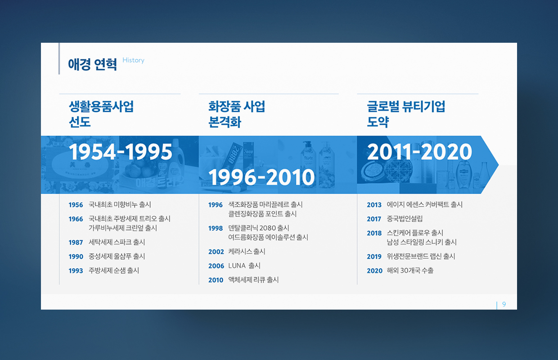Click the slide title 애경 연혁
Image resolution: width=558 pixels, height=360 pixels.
pyautogui.click(x=92, y=64)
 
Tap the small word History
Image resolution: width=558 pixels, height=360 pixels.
pyautogui.click(x=133, y=60)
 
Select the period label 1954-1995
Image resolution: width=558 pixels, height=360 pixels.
pyautogui.click(x=120, y=152)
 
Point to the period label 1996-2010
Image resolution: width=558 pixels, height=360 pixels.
pyautogui.click(x=261, y=177)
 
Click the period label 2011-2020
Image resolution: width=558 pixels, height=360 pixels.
pyautogui.click(x=419, y=152)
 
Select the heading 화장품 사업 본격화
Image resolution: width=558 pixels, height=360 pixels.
pyautogui.click(x=237, y=114)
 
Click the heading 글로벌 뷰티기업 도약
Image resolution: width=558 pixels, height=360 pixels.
pyautogui.click(x=406, y=114)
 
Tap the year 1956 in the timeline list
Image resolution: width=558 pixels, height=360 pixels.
pyautogui.click(x=76, y=205)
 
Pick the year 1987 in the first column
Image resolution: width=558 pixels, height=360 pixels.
pyautogui.click(x=76, y=242)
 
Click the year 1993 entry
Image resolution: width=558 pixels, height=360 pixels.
pyautogui.click(x=76, y=270)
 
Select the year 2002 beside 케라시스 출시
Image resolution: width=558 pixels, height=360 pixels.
pyautogui.click(x=216, y=252)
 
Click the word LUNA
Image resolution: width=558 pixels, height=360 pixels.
pyautogui.click(x=237, y=265)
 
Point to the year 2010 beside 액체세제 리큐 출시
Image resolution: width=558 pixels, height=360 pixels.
pyautogui.click(x=216, y=280)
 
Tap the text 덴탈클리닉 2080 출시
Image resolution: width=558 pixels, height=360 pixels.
pyautogui.click(x=259, y=228)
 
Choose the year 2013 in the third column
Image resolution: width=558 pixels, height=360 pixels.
pyautogui.click(x=374, y=205)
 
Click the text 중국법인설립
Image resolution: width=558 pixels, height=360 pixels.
pyautogui.click(x=405, y=219)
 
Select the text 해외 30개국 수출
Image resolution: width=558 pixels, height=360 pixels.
pyautogui.click(x=410, y=270)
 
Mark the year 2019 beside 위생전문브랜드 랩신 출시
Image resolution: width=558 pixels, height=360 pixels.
pyautogui.click(x=374, y=256)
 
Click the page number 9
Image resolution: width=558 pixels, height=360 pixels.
pyautogui.click(x=504, y=304)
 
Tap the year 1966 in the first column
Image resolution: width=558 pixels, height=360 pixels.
pyautogui.click(x=76, y=219)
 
